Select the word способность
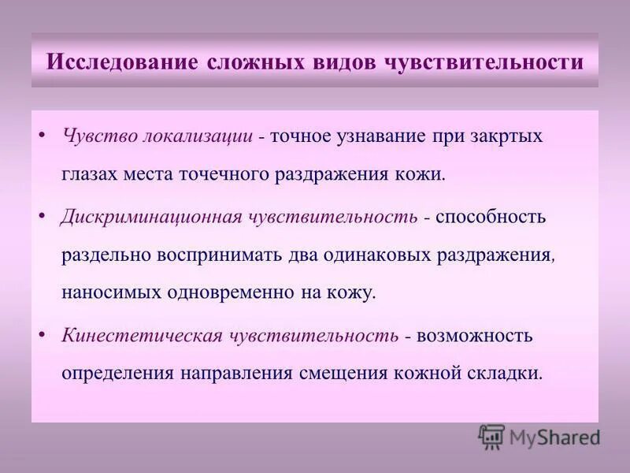489,216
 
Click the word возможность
475,336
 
